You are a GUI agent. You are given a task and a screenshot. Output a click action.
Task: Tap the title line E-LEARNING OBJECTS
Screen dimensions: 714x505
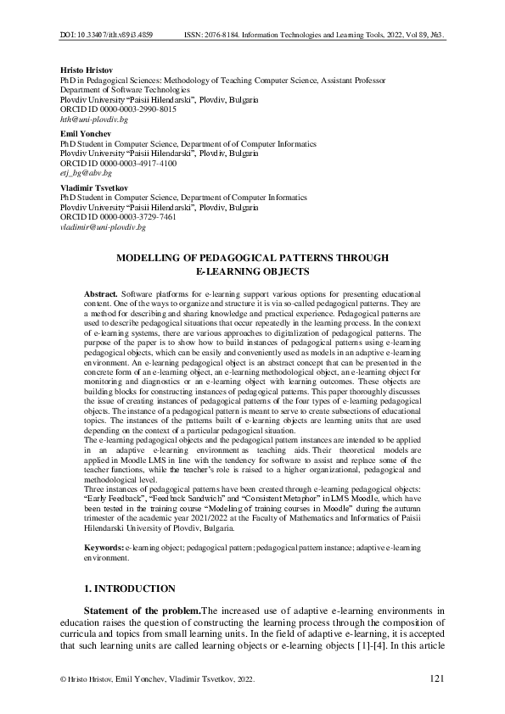pyautogui.click(x=251, y=271)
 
